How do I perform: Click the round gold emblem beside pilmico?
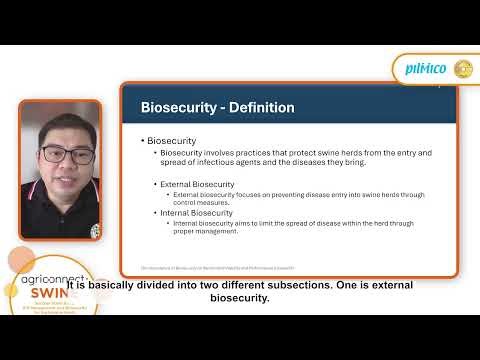[x=463, y=68]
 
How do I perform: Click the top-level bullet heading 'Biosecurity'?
[x=171, y=141]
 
